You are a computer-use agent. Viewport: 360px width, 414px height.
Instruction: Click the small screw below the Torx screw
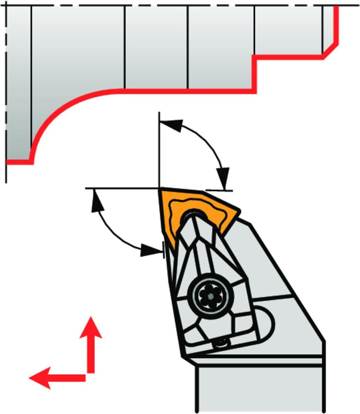pyautogui.click(x=222, y=343)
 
